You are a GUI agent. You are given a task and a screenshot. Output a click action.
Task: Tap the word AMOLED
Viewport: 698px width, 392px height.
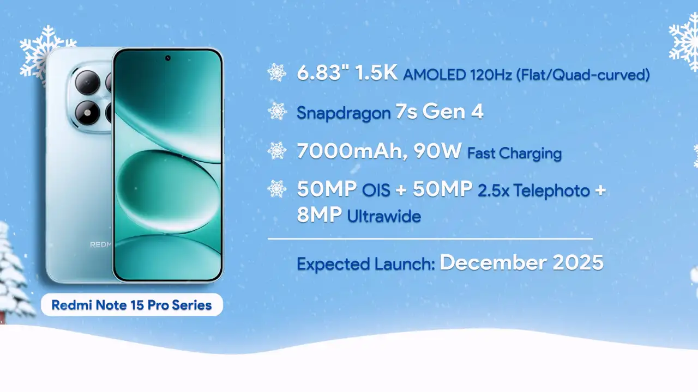click(434, 75)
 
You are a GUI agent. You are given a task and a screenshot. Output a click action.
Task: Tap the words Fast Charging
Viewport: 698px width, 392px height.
click(514, 153)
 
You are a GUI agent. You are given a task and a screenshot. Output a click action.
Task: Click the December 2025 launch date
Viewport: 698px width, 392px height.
click(521, 262)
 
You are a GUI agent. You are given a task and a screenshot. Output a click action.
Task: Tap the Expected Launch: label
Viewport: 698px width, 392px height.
click(365, 264)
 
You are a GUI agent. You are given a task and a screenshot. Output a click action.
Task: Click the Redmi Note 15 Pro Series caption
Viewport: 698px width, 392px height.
click(131, 305)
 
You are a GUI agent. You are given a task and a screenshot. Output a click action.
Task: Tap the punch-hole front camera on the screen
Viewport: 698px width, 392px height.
click(167, 58)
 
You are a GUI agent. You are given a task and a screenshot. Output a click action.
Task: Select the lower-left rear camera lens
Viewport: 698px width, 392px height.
click(87, 113)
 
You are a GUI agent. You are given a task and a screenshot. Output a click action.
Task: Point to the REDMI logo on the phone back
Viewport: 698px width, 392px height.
click(100, 244)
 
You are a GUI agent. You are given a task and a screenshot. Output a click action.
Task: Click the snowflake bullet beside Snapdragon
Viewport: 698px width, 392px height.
click(277, 112)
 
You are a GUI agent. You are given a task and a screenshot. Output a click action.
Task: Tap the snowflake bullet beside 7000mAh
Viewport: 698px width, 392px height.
click(277, 151)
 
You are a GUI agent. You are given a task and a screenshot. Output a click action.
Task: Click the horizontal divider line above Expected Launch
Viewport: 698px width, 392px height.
click(430, 238)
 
